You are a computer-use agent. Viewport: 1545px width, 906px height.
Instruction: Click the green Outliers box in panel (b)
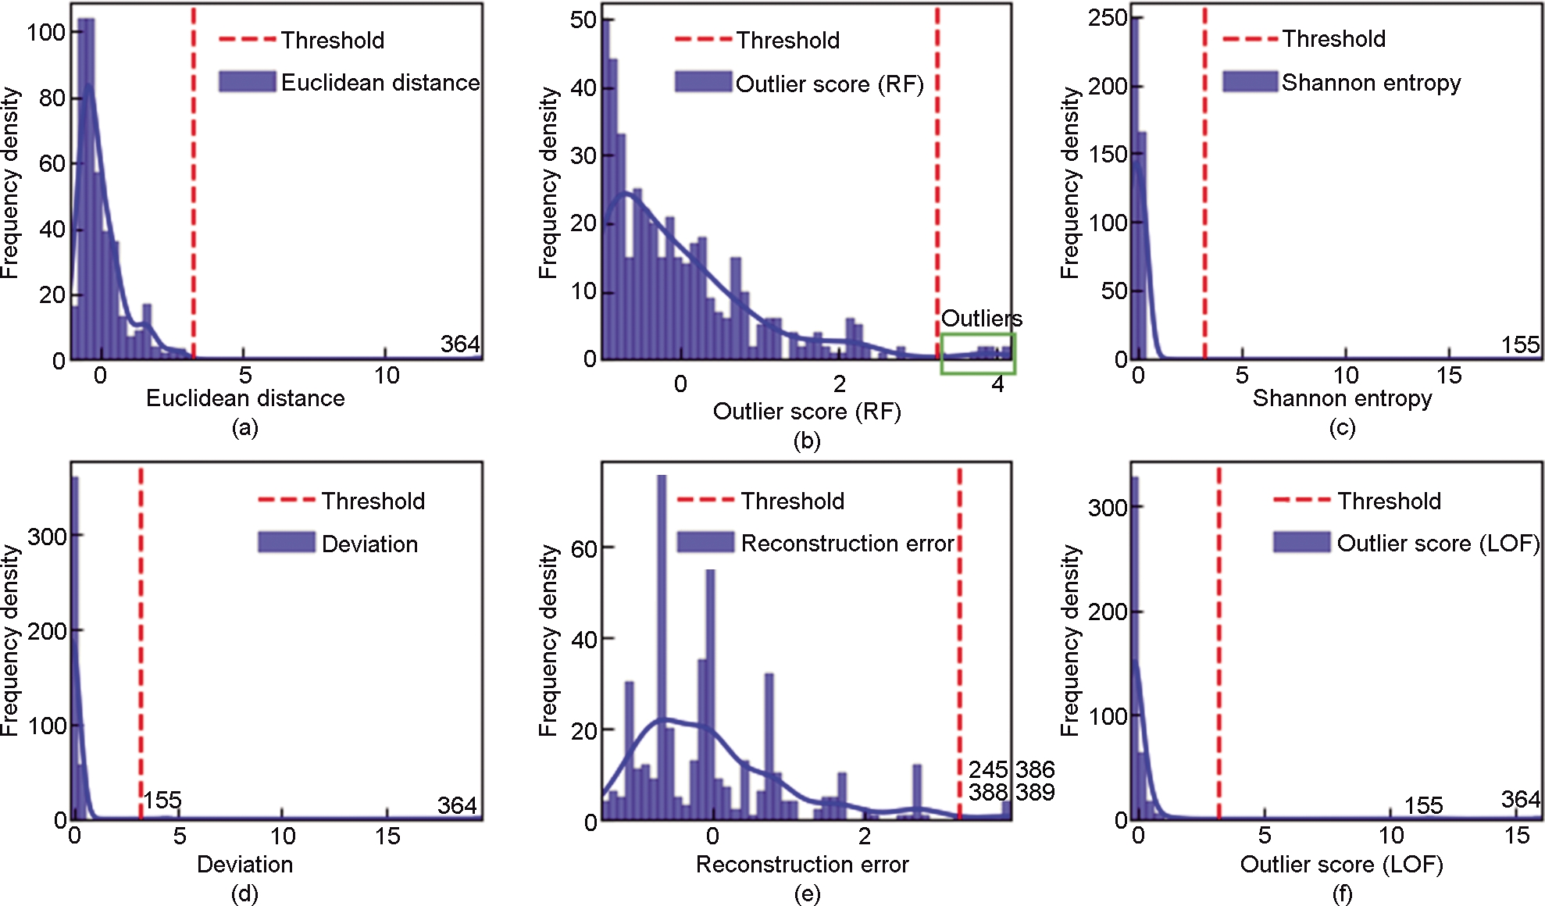tap(977, 354)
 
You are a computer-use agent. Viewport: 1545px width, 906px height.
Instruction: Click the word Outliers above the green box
tap(981, 319)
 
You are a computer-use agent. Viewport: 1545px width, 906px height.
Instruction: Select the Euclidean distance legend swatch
tap(247, 82)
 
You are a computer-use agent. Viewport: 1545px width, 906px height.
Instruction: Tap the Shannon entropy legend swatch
tap(1250, 82)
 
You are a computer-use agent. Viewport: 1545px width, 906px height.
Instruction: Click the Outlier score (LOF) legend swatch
tap(1301, 542)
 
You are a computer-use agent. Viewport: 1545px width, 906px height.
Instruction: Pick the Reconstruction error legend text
tap(847, 543)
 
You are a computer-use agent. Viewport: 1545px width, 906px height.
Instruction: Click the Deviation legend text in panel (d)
tap(369, 544)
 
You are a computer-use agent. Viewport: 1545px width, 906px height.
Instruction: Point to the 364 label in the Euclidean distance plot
tap(460, 344)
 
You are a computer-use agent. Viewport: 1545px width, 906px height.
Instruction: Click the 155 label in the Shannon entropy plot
tap(1520, 344)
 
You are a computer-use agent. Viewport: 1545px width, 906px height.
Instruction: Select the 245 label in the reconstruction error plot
tap(988, 769)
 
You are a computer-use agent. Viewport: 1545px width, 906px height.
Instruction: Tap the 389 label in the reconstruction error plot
tap(1035, 792)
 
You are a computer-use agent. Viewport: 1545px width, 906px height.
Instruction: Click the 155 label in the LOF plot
tap(1423, 805)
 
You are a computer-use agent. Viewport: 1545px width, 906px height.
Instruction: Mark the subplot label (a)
tap(244, 427)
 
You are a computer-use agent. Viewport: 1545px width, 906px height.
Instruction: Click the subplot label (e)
tap(807, 893)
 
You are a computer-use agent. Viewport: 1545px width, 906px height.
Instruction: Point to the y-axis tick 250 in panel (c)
tap(1108, 17)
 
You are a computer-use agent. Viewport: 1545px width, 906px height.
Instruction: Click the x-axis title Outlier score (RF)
tap(807, 411)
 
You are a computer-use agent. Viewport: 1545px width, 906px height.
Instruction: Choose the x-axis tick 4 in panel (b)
tap(997, 384)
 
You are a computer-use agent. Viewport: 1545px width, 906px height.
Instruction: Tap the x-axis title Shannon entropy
tap(1342, 398)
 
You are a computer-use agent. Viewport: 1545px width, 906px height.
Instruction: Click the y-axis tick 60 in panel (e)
tap(584, 549)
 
